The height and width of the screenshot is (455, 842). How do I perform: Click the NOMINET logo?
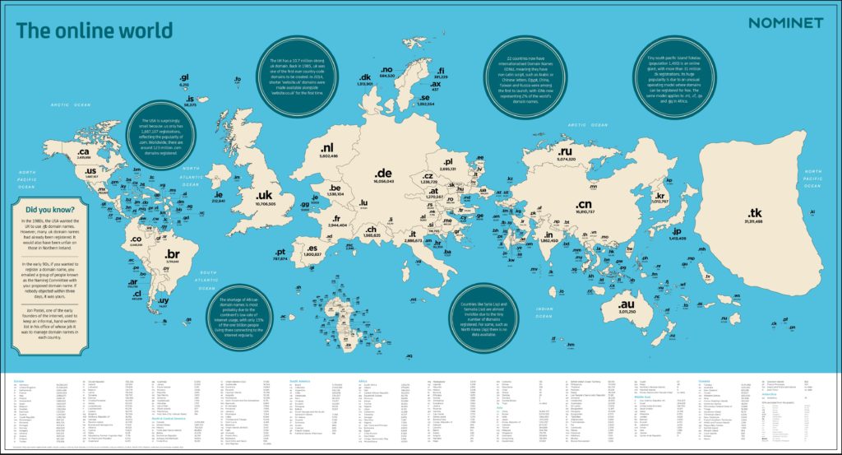click(x=784, y=22)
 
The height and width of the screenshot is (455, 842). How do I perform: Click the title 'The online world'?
click(x=95, y=31)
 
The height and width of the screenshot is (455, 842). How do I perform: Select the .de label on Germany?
click(x=382, y=174)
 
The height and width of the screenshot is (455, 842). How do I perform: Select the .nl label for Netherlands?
click(x=330, y=149)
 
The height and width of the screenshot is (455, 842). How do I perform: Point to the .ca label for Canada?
click(x=85, y=152)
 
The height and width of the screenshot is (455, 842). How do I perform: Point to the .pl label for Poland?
click(x=449, y=162)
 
